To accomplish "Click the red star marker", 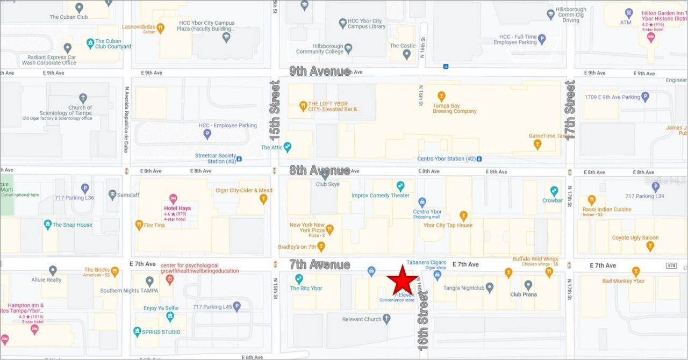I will click(x=402, y=280).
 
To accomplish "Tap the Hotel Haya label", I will click(x=177, y=208).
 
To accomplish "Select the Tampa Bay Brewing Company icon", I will click(x=441, y=97).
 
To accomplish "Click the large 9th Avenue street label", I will click(x=319, y=71).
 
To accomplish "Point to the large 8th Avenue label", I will click(x=319, y=171).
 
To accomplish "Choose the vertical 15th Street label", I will click(x=275, y=104).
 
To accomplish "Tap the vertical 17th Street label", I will click(x=570, y=110).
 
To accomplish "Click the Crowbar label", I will click(x=552, y=200).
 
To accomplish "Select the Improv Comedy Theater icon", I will click(x=400, y=186).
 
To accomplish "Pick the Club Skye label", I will click(x=327, y=184).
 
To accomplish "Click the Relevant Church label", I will click(x=361, y=319).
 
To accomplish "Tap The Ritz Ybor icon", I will click(x=299, y=278).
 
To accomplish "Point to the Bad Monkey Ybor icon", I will click(x=636, y=271).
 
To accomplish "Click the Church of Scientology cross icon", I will click(x=83, y=98).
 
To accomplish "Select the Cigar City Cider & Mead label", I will click(x=243, y=190).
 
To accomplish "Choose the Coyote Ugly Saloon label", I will click(x=635, y=237).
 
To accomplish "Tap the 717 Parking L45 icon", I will click(x=236, y=306).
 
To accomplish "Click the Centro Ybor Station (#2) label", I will click(x=446, y=159).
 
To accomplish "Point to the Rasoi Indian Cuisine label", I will click(x=607, y=210).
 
